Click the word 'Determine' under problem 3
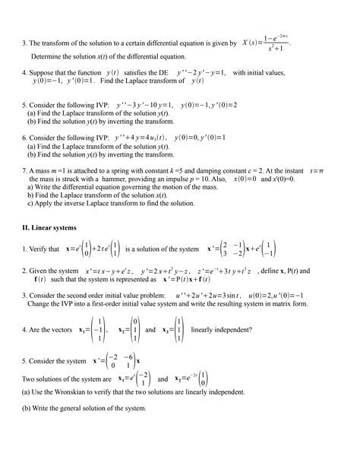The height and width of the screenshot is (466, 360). [x=48, y=57]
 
